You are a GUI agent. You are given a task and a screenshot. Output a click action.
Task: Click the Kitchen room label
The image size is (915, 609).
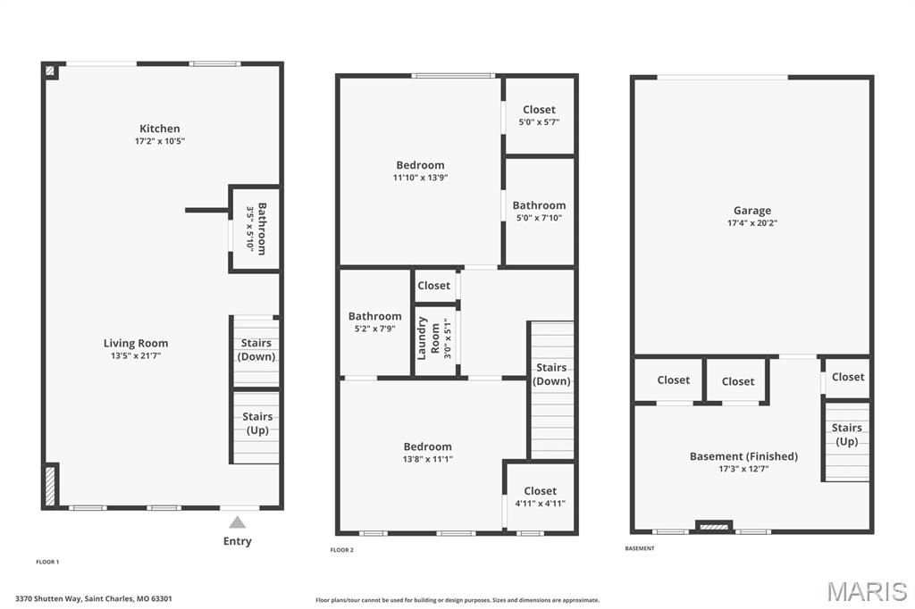tap(159, 129)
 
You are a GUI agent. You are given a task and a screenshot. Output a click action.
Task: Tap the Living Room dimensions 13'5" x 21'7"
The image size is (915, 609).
tap(136, 356)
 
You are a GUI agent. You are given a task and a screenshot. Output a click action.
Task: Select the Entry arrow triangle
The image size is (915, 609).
tap(237, 522)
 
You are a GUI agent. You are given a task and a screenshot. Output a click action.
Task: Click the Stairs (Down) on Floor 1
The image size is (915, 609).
tap(256, 350)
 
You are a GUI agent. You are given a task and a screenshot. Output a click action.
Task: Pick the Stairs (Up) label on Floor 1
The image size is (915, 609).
tap(256, 423)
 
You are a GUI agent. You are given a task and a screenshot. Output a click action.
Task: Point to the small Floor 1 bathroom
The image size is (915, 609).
tap(256, 229)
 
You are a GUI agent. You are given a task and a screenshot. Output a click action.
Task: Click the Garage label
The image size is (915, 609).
tap(752, 211)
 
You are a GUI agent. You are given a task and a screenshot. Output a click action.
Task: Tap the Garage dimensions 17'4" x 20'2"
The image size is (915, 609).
tap(752, 223)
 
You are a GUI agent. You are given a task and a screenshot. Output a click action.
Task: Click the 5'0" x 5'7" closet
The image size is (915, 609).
tap(539, 115)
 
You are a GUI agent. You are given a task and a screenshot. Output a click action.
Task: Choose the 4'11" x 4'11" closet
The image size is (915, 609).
tap(540, 496)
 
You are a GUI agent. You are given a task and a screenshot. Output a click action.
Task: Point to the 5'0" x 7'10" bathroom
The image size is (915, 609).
tap(539, 211)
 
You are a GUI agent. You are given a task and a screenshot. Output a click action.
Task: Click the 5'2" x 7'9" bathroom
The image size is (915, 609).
tap(374, 321)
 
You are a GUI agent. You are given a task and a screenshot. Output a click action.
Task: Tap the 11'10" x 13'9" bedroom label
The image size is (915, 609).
tap(420, 165)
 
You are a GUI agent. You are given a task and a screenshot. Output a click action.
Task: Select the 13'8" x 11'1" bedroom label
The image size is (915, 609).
tap(427, 446)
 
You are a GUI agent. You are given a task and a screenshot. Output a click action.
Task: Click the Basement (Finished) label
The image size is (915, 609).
tap(743, 456)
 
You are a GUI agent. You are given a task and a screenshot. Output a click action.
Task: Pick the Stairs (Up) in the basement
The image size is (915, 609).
tap(846, 435)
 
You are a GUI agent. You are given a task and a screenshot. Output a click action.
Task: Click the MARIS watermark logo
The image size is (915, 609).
tap(866, 591)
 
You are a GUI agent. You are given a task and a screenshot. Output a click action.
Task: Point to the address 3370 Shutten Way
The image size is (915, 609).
tap(94, 599)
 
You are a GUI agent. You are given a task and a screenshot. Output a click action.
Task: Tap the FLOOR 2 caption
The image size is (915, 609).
tap(342, 550)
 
